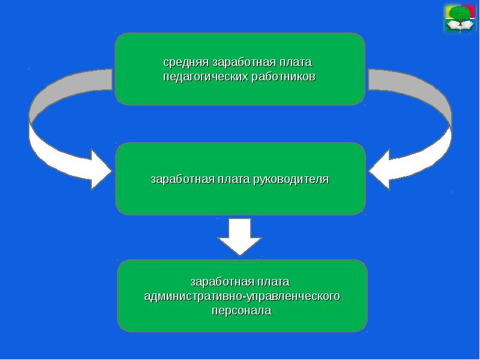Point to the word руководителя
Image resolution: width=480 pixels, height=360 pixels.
coord(292,179)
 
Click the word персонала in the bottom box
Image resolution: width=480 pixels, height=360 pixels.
coord(240,311)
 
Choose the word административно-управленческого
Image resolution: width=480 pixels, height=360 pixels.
coord(242,296)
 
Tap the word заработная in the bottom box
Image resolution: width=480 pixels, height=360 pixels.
coord(217,282)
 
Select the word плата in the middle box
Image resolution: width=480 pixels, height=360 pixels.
coord(230,179)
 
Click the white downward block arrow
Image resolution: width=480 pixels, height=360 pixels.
coord(239,237)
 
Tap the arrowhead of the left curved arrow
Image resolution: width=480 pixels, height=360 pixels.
coord(99,169)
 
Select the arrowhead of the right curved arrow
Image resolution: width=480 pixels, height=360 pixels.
coord(382,170)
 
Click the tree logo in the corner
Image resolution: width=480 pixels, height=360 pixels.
coord(459,18)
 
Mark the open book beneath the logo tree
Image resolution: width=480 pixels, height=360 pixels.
coord(459,26)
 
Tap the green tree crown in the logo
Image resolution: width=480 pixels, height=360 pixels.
coord(459,13)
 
